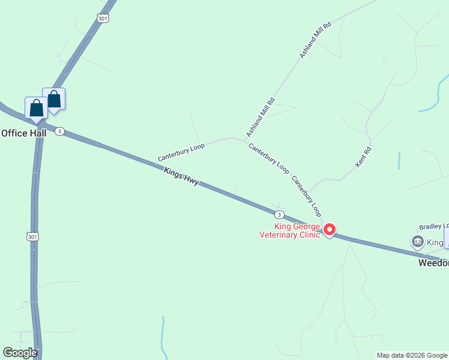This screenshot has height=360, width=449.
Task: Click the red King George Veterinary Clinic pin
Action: click(x=329, y=230)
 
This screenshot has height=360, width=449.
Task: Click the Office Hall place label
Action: click(x=23, y=133)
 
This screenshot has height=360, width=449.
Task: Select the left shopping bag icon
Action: click(x=36, y=108)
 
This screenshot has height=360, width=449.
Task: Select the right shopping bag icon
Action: click(x=54, y=100)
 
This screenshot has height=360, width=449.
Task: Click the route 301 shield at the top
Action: click(x=103, y=19)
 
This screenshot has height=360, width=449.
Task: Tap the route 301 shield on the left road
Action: click(x=32, y=237)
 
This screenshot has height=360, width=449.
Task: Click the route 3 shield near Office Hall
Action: click(x=59, y=131)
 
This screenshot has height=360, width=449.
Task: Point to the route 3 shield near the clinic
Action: click(x=279, y=215)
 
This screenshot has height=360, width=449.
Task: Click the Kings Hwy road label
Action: click(x=181, y=176)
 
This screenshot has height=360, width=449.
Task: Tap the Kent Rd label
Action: click(x=364, y=157)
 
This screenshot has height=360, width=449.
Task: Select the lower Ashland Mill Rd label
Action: click(x=260, y=117)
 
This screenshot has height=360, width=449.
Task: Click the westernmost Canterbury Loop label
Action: click(x=181, y=152)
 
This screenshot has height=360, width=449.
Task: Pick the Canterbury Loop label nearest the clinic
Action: click(x=307, y=196)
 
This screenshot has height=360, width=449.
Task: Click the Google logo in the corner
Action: click(x=20, y=353)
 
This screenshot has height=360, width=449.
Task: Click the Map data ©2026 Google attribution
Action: click(x=412, y=355)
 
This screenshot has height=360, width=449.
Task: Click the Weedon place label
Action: click(x=433, y=263)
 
